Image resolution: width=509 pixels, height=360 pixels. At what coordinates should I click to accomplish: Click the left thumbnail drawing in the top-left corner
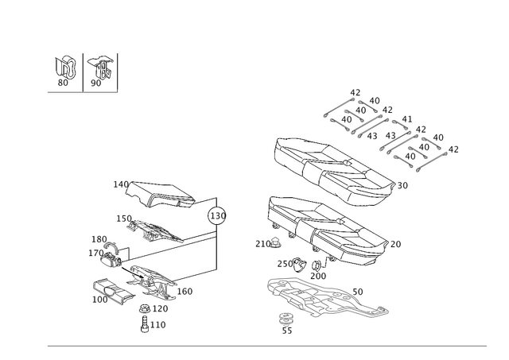pyautogui.click(x=65, y=70)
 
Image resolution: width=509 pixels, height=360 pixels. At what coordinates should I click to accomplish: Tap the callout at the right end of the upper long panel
pyautogui.click(x=402, y=184)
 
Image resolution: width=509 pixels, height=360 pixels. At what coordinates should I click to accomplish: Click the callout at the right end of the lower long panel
pyautogui.click(x=398, y=242)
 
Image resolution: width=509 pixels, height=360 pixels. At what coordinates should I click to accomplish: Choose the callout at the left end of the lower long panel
pyautogui.click(x=260, y=242)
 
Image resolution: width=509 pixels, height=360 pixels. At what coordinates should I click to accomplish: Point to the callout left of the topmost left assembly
pyautogui.click(x=117, y=183)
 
